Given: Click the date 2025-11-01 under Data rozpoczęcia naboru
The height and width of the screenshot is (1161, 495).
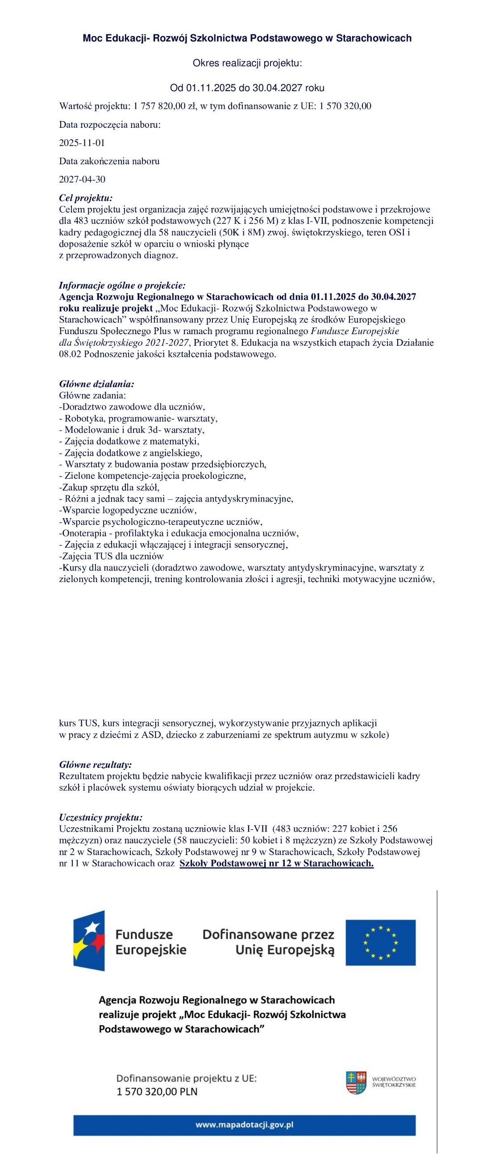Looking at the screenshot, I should (82, 143).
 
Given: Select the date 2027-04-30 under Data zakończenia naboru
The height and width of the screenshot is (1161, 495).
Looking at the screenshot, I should (82, 180).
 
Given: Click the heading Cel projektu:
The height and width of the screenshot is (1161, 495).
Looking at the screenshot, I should (86, 198).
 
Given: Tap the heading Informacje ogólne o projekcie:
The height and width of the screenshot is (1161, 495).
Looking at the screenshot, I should (122, 285).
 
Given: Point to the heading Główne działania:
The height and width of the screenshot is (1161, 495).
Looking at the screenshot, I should (96, 384).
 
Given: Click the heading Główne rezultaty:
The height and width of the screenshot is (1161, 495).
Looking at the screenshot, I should (96, 764).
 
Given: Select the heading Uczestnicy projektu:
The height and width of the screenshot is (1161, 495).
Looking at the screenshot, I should (100, 817).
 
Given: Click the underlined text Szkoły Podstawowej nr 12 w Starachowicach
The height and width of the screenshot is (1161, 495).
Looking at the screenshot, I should (277, 863).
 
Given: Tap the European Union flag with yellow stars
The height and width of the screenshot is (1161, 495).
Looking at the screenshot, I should (380, 943).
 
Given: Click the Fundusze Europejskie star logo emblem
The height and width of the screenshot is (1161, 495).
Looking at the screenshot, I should (89, 941).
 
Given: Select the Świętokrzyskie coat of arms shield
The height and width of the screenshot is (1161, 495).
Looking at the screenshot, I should (356, 1082).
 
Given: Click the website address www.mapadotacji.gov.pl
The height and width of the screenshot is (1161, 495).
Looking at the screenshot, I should (244, 1125).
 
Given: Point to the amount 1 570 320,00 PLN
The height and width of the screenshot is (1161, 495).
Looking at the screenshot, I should (157, 1092).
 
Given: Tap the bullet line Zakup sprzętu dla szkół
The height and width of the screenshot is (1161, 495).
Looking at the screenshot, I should (109, 487).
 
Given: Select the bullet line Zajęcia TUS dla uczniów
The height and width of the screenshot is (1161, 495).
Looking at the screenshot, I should (111, 556).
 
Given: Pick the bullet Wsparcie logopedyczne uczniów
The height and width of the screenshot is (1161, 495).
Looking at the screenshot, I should (128, 510).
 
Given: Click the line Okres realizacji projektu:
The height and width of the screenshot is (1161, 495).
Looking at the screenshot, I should (247, 63).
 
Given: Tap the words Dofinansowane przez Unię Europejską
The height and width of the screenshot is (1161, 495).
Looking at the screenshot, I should (268, 943).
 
